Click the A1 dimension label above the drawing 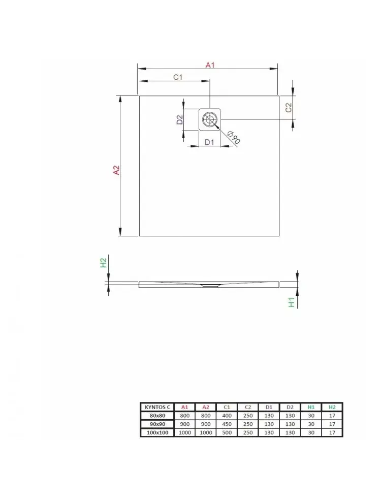(x=210, y=65)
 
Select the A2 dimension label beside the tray (x=117, y=170)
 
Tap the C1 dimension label (x=178, y=77)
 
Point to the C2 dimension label (x=289, y=108)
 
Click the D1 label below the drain (x=209, y=142)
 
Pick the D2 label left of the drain (x=180, y=119)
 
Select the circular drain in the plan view (x=210, y=119)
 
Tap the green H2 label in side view (x=103, y=263)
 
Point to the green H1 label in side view (x=292, y=302)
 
